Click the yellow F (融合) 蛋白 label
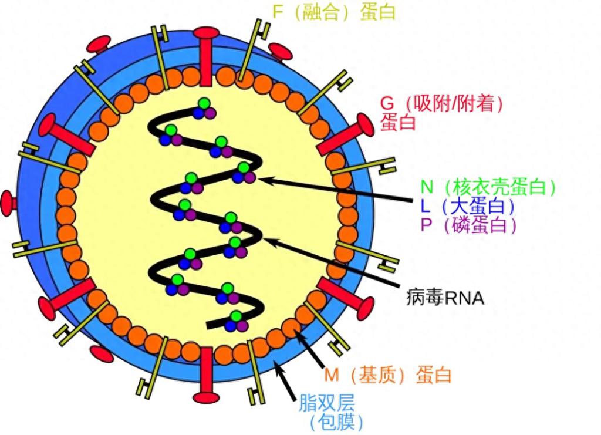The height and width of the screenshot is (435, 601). pyautogui.click(x=334, y=12)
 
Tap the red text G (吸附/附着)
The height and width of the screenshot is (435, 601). pyautogui.click(x=442, y=103)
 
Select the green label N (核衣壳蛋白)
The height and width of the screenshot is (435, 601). pyautogui.click(x=487, y=187)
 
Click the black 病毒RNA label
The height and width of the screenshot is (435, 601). pyautogui.click(x=445, y=298)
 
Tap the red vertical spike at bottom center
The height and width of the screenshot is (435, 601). pyautogui.click(x=206, y=376)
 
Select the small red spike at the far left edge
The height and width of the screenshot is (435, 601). pyautogui.click(x=9, y=203)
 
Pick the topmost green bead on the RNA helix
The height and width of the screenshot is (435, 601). pyautogui.click(x=204, y=104)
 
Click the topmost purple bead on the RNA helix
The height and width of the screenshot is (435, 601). pyautogui.click(x=210, y=113)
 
